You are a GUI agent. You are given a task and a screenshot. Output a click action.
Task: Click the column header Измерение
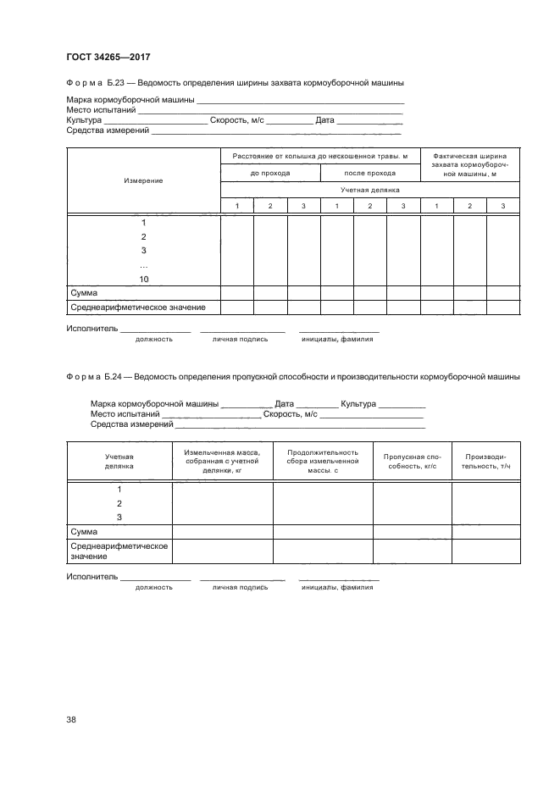[143, 180]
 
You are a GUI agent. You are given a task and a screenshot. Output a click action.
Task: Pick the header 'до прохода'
[270, 173]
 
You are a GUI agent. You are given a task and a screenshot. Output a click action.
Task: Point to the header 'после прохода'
[369, 173]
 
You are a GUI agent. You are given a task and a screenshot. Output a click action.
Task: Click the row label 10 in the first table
[143, 279]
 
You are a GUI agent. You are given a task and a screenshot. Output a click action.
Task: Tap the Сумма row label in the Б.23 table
[84, 293]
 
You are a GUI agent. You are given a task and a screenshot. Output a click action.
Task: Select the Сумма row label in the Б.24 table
[84, 531]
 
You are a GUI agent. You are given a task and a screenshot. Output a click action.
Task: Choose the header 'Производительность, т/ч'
[486, 461]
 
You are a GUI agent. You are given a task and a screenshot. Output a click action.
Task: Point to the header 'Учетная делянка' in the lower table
[119, 461]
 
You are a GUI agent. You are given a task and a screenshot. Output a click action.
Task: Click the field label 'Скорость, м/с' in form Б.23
[236, 120]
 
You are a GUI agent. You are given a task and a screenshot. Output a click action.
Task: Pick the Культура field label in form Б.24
[358, 404]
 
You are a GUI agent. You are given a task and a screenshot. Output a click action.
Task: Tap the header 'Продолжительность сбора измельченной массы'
[323, 461]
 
